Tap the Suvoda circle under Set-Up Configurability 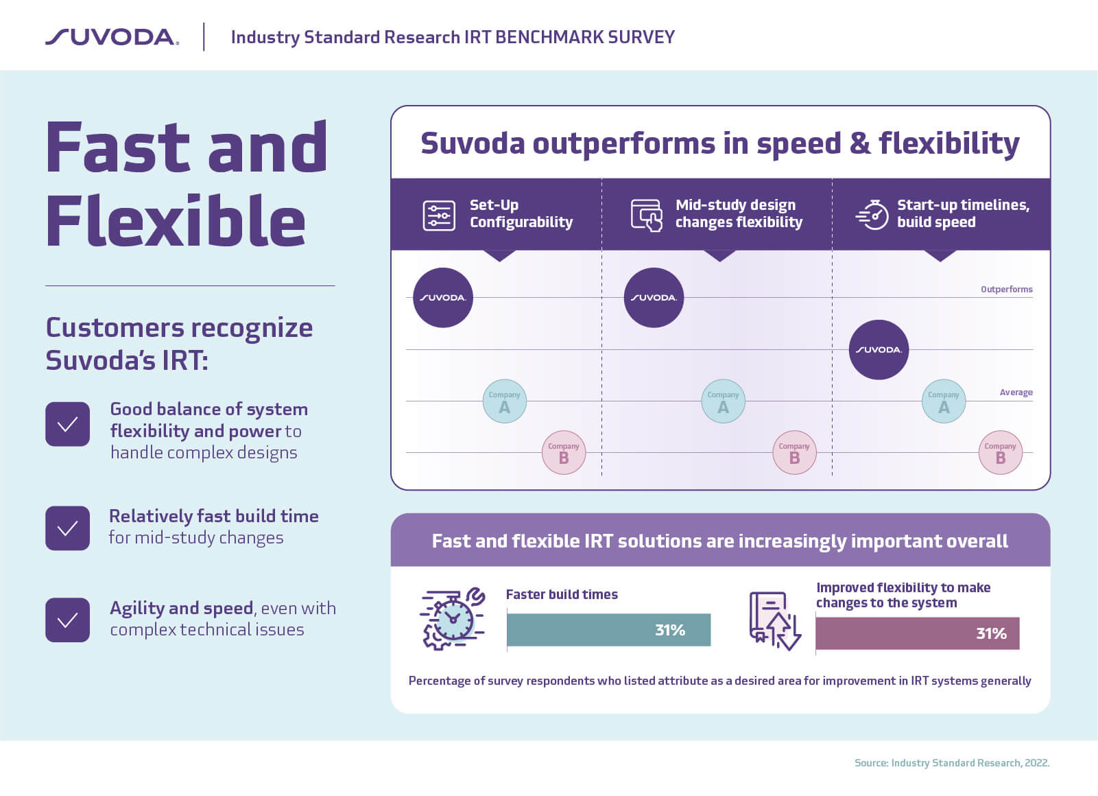(443, 298)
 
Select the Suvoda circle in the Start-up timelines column (879, 350)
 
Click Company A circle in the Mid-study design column (723, 401)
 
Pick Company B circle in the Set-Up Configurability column (564, 453)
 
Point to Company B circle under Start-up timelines (1000, 453)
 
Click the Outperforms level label (1006, 290)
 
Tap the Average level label (1016, 393)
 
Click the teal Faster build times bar (608, 630)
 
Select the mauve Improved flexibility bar (917, 633)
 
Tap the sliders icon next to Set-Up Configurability (439, 215)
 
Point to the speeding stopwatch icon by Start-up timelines (872, 215)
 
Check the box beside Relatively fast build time (67, 528)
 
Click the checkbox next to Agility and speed (67, 620)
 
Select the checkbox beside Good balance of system (67, 424)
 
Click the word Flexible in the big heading (176, 221)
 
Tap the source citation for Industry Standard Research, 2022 (951, 763)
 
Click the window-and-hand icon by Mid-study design (647, 215)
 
